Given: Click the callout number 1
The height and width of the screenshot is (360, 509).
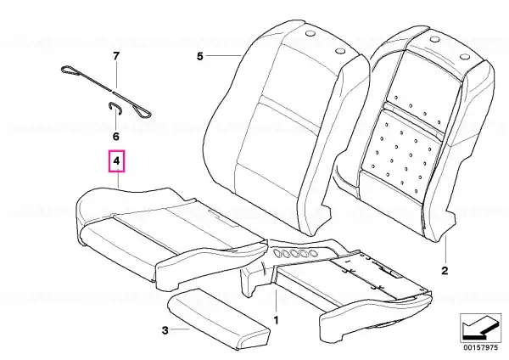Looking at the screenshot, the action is click(276, 321).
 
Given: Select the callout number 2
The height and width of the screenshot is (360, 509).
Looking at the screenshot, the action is click(445, 271).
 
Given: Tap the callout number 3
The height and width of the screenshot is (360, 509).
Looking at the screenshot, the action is click(165, 331).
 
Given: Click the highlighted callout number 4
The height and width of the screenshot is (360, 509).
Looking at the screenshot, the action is click(116, 160).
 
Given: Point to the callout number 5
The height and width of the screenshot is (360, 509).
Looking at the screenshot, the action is click(199, 56).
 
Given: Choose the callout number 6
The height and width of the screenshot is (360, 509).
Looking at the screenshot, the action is click(116, 137).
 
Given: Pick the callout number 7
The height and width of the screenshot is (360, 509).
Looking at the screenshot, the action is click(116, 56).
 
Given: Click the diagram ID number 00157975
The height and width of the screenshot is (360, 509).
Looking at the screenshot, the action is click(480, 347).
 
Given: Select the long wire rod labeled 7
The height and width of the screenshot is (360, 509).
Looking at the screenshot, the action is click(106, 92).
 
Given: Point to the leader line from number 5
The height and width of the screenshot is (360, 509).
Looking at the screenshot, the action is click(223, 56).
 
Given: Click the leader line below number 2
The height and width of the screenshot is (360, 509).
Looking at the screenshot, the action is click(445, 250).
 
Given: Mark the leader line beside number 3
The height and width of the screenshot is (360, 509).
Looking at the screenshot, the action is click(180, 329).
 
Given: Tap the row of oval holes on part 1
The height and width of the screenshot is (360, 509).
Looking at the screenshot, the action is click(295, 253).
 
